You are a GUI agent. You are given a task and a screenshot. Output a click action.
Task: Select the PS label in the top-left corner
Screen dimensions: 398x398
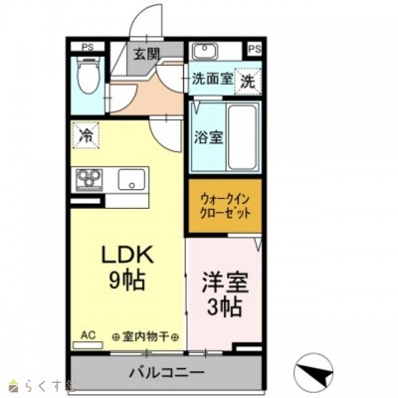[x=87, y=46]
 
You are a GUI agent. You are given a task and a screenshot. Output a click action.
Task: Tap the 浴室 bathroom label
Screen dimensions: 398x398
[x=209, y=136]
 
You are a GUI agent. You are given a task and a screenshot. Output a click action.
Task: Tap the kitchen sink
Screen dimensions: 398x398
[x=131, y=181]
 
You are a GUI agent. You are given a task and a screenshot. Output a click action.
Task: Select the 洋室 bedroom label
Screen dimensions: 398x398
[x=224, y=281]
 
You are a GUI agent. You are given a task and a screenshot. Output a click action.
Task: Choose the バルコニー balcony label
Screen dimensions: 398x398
[x=165, y=373]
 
